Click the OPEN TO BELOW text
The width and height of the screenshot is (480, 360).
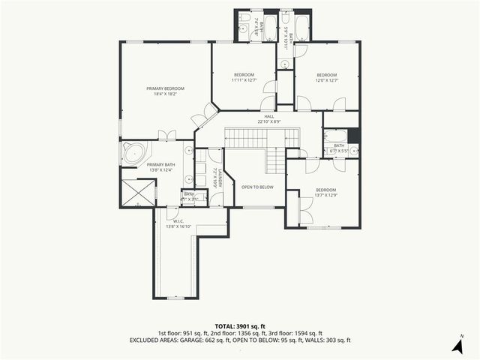coord(256,187)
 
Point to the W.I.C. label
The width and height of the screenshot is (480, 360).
coord(178,220)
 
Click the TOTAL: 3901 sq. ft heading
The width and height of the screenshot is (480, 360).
coord(240,326)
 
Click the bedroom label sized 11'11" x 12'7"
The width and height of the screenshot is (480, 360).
coord(244,75)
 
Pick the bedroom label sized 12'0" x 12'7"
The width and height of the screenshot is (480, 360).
coord(326,75)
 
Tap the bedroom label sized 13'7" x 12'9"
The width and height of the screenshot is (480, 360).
coord(326,190)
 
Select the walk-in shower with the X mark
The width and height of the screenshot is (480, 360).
coord(137,193)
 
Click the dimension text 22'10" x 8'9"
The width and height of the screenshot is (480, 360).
coord(268,121)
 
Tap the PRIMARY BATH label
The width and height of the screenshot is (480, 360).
coord(160,164)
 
